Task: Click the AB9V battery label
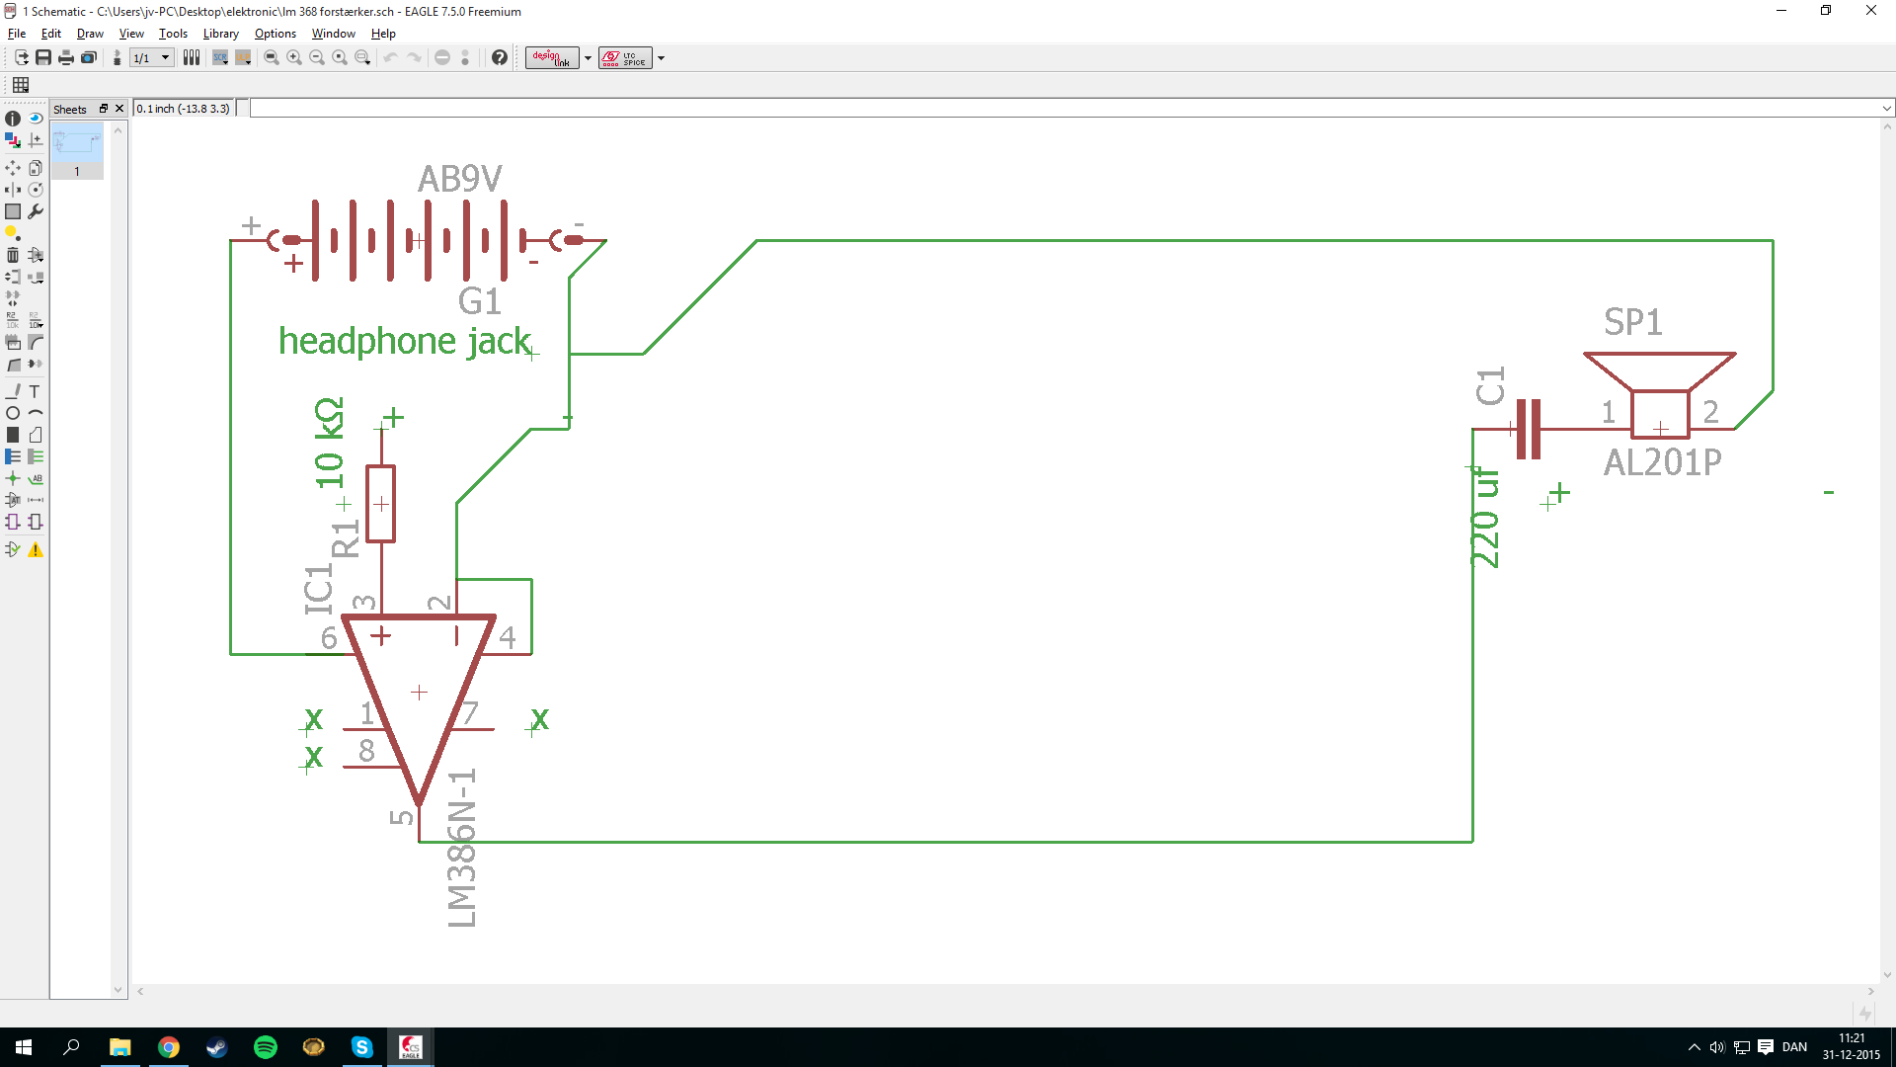click(x=459, y=179)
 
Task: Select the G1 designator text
click(x=479, y=301)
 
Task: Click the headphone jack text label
click(x=404, y=341)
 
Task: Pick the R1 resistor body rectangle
click(x=380, y=504)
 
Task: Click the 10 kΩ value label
click(x=329, y=444)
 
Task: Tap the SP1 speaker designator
click(x=1632, y=322)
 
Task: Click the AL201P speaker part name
click(x=1662, y=462)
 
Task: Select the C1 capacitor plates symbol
click(x=1528, y=429)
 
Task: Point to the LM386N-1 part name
click(x=462, y=848)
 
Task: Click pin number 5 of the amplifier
click(x=401, y=817)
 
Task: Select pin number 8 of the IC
click(x=366, y=751)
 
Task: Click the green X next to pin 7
click(x=539, y=719)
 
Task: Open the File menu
click(x=17, y=34)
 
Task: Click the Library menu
click(x=220, y=34)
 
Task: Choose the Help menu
click(x=383, y=34)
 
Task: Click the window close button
click(x=1870, y=11)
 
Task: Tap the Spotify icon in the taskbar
click(x=266, y=1047)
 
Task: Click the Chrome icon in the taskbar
click(x=169, y=1047)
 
